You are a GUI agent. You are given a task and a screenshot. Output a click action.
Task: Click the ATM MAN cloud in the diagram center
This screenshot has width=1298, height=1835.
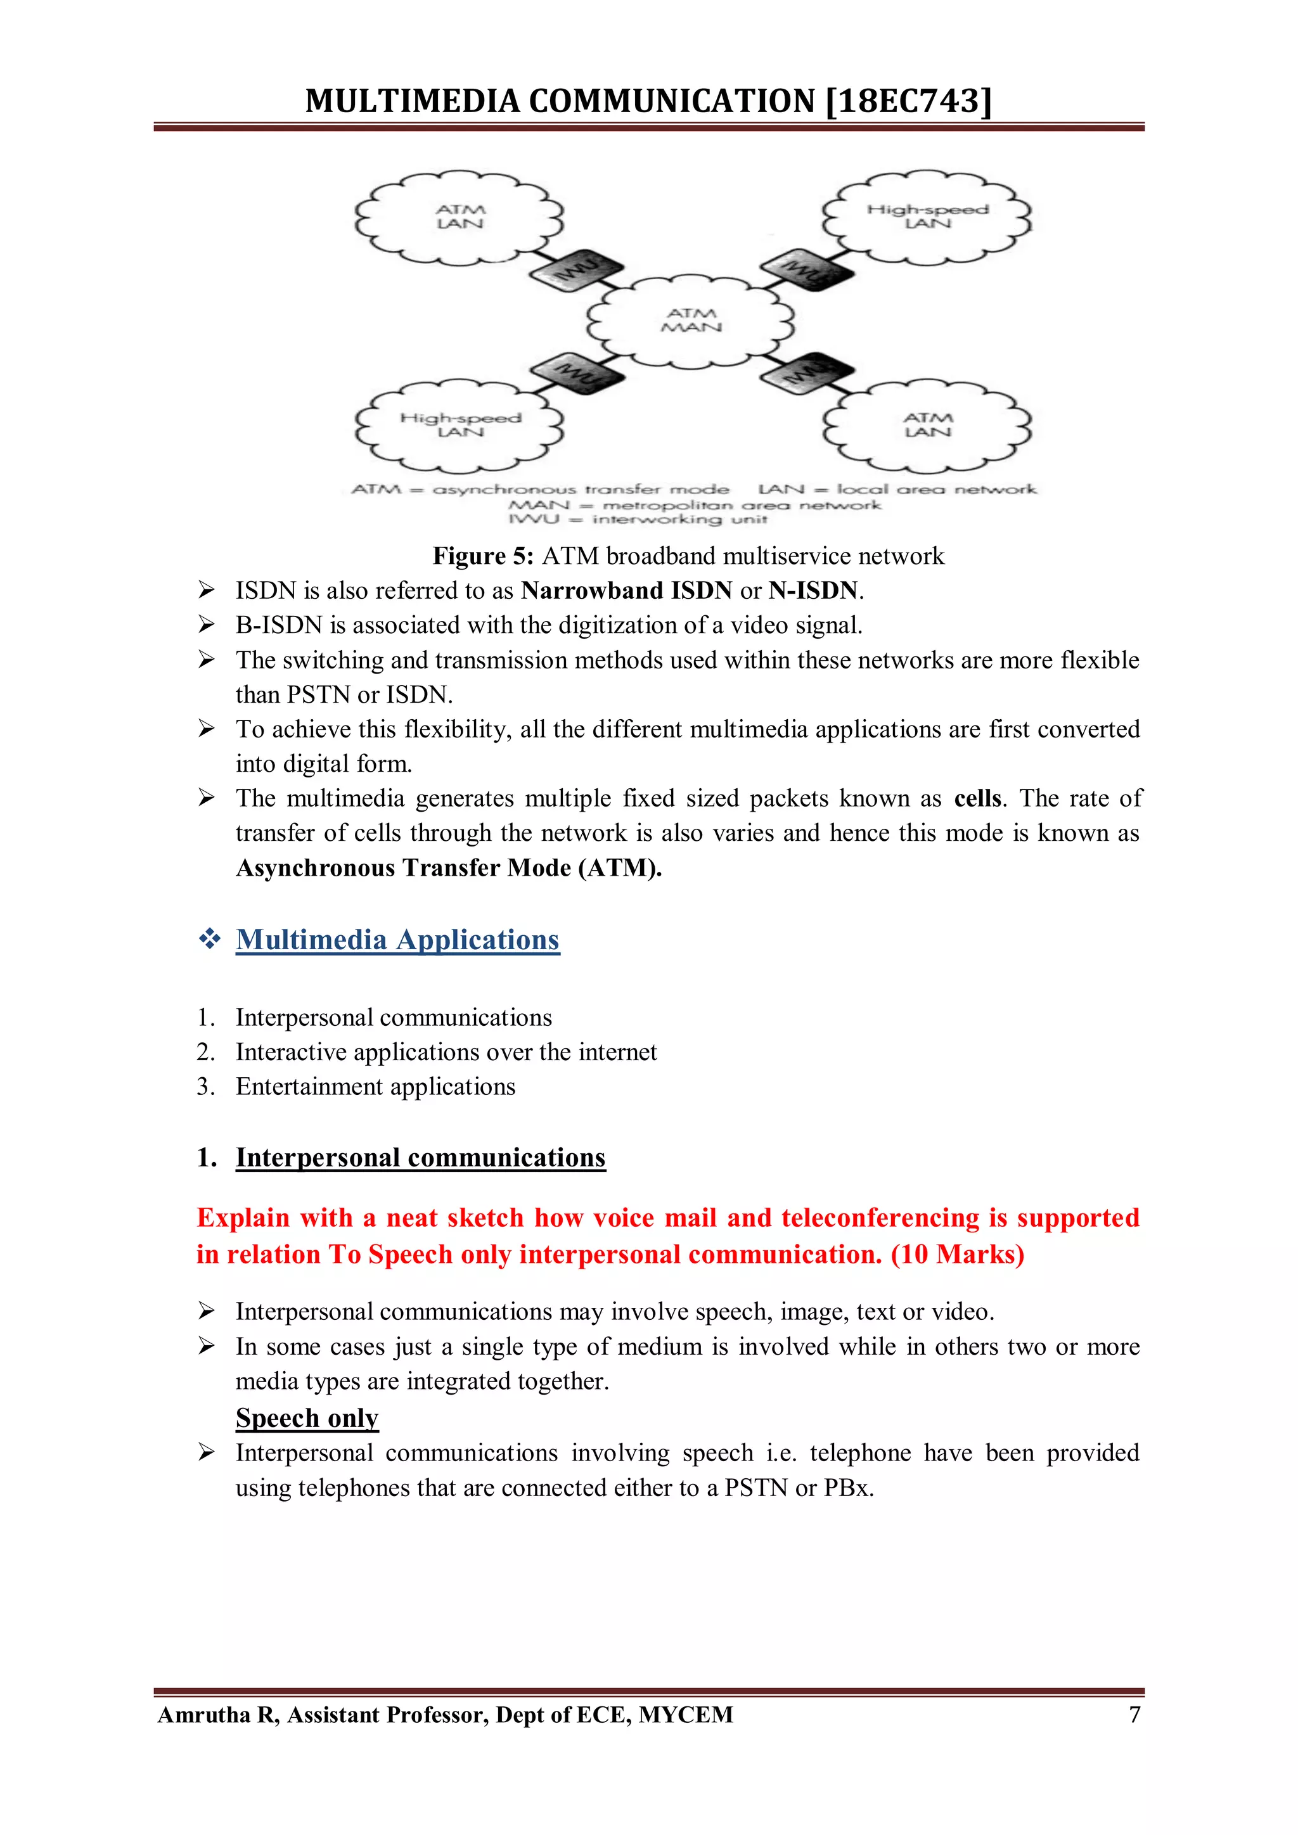(691, 321)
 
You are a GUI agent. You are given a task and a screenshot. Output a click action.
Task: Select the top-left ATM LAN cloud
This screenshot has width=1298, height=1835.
(459, 217)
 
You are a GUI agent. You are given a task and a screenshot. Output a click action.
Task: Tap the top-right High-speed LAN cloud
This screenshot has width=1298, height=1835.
(927, 217)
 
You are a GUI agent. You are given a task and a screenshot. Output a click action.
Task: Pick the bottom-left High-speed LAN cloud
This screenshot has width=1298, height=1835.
(459, 425)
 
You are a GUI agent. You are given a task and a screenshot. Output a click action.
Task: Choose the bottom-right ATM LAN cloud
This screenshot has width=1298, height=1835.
(927, 425)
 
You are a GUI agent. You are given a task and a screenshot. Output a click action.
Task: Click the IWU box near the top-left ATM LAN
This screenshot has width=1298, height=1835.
(576, 269)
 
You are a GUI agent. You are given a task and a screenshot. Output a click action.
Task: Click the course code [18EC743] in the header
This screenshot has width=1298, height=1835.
(908, 101)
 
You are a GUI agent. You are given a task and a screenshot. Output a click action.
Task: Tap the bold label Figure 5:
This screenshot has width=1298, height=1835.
(483, 556)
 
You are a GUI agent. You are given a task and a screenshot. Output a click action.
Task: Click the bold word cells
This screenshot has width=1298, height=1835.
(977, 798)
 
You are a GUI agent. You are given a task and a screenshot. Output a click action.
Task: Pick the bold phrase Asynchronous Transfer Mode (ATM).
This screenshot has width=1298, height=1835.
(448, 868)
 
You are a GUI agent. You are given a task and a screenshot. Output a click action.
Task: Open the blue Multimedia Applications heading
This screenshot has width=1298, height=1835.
(397, 940)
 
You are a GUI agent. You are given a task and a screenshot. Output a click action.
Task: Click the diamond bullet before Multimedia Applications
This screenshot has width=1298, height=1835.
(209, 939)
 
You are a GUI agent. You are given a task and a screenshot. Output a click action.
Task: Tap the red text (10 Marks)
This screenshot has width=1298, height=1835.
(958, 1255)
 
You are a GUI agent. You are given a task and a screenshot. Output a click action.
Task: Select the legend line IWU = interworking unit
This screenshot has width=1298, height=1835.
(638, 520)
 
